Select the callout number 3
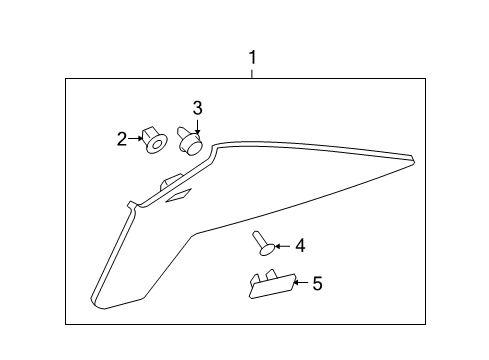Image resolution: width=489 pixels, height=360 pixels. tap(197, 107)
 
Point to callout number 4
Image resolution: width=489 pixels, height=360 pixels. tap(299, 244)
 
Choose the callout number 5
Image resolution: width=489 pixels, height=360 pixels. tap(317, 284)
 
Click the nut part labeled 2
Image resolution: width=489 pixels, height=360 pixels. tap(153, 140)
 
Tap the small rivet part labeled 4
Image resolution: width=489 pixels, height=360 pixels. tap(263, 243)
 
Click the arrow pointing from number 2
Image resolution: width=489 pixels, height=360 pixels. tap(136, 139)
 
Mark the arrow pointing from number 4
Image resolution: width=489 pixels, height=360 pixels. tap(283, 244)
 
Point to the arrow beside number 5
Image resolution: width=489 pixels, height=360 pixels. tap(301, 284)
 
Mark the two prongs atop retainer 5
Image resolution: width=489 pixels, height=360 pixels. tap(261, 274)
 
